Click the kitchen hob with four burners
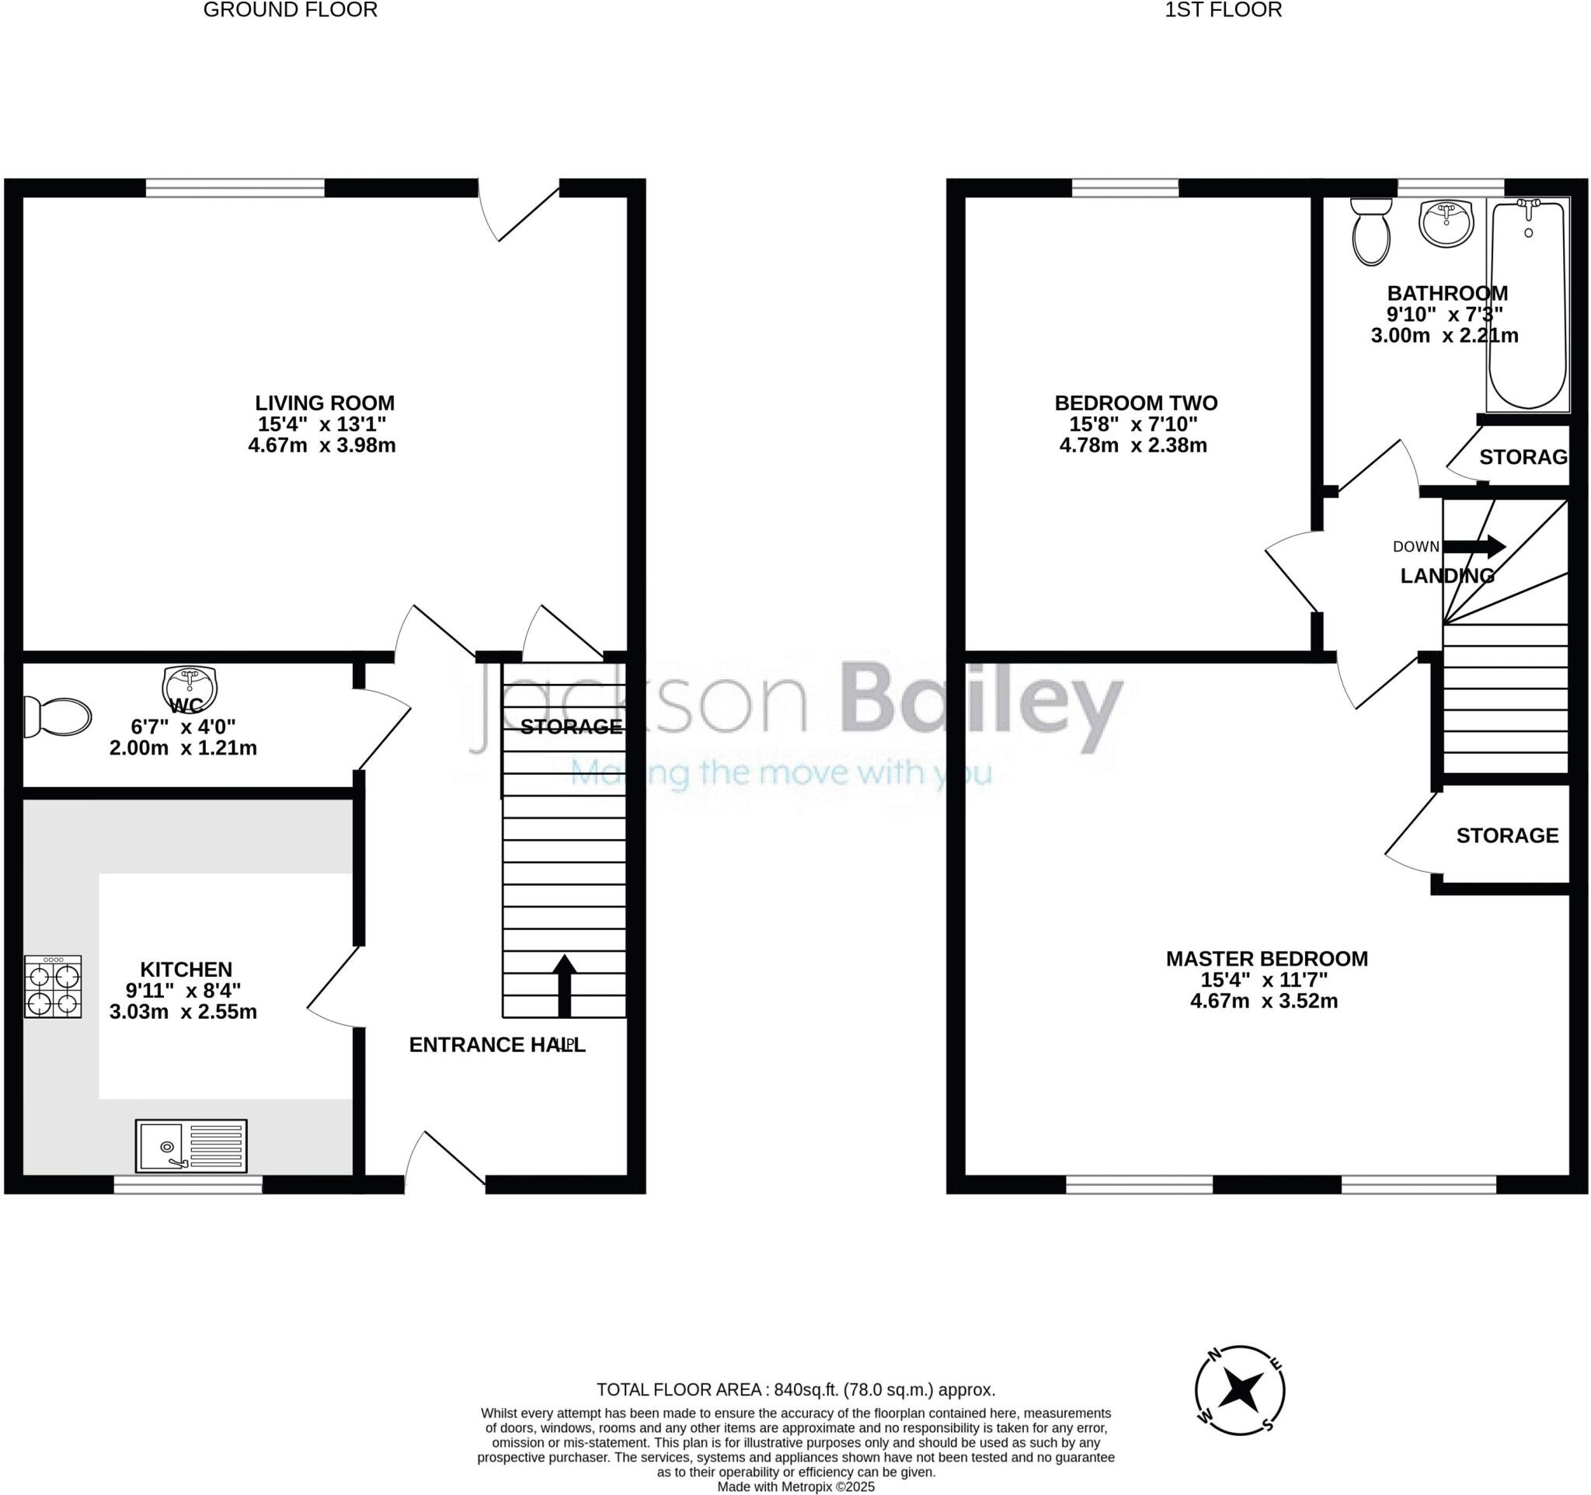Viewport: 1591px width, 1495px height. (53, 986)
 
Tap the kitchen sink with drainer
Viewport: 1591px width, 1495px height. (191, 1145)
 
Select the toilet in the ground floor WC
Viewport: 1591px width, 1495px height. (57, 716)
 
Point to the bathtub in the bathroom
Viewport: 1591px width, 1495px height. (1528, 304)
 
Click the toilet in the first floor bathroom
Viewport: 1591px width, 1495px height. (1371, 232)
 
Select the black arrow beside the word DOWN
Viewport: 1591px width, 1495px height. (1474, 546)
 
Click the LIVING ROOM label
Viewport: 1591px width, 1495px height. (324, 402)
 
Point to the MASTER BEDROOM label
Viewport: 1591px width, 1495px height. (1267, 958)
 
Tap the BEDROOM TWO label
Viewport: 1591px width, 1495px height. (1136, 402)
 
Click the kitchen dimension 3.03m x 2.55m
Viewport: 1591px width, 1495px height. (183, 1012)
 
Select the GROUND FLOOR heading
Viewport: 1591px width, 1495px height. (290, 9)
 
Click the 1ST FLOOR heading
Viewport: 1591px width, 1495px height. (1223, 9)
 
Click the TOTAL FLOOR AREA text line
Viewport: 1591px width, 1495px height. (795, 1390)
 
